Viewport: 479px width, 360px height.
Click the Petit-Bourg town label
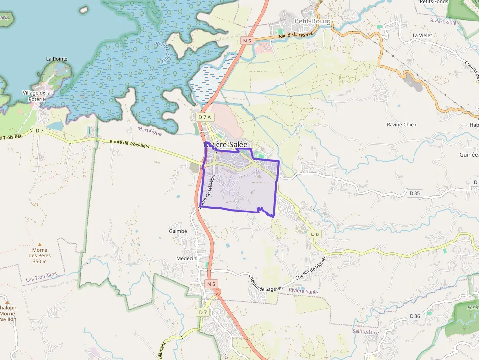[313, 21]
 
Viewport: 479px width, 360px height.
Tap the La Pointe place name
[57, 59]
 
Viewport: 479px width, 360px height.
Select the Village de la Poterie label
[37, 96]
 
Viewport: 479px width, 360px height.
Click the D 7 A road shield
[205, 117]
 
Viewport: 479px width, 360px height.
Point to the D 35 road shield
[414, 193]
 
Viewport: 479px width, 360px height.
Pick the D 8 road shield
[315, 234]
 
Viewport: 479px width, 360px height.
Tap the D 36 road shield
[414, 316]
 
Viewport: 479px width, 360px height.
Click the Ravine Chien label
[401, 124]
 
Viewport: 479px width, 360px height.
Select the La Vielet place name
[423, 35]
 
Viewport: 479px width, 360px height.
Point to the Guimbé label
[177, 231]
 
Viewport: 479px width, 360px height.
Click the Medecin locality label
[186, 258]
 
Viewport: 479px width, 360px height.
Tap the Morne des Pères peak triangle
[40, 244]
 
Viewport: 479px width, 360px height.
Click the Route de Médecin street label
[208, 191]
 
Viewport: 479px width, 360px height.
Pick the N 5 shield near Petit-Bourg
[247, 41]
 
